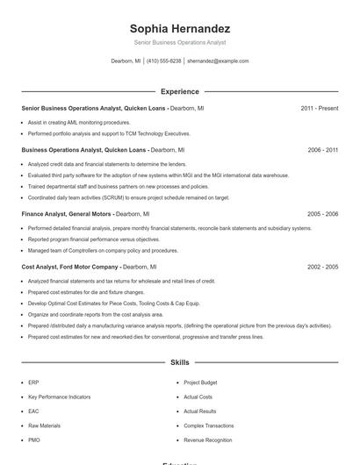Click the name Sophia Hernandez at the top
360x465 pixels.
[179, 28]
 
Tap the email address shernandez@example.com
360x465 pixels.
[218, 61]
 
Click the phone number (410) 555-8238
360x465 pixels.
[163, 61]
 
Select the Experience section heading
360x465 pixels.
[179, 91]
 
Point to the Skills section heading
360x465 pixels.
[179, 361]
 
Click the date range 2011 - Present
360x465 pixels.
[319, 108]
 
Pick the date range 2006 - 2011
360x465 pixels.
[322, 150]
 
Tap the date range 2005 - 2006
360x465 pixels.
[322, 213]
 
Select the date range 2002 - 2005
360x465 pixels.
[322, 266]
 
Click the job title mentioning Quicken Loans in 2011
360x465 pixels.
[94, 108]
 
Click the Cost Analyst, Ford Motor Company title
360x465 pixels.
[69, 266]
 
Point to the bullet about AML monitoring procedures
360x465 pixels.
[79, 123]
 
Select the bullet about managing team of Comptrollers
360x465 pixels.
[103, 250]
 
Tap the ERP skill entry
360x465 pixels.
[33, 383]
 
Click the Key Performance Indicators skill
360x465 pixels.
[59, 397]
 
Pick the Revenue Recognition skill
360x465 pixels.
[207, 440]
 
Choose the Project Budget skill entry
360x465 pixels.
[200, 383]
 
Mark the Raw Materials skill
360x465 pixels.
[44, 426]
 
